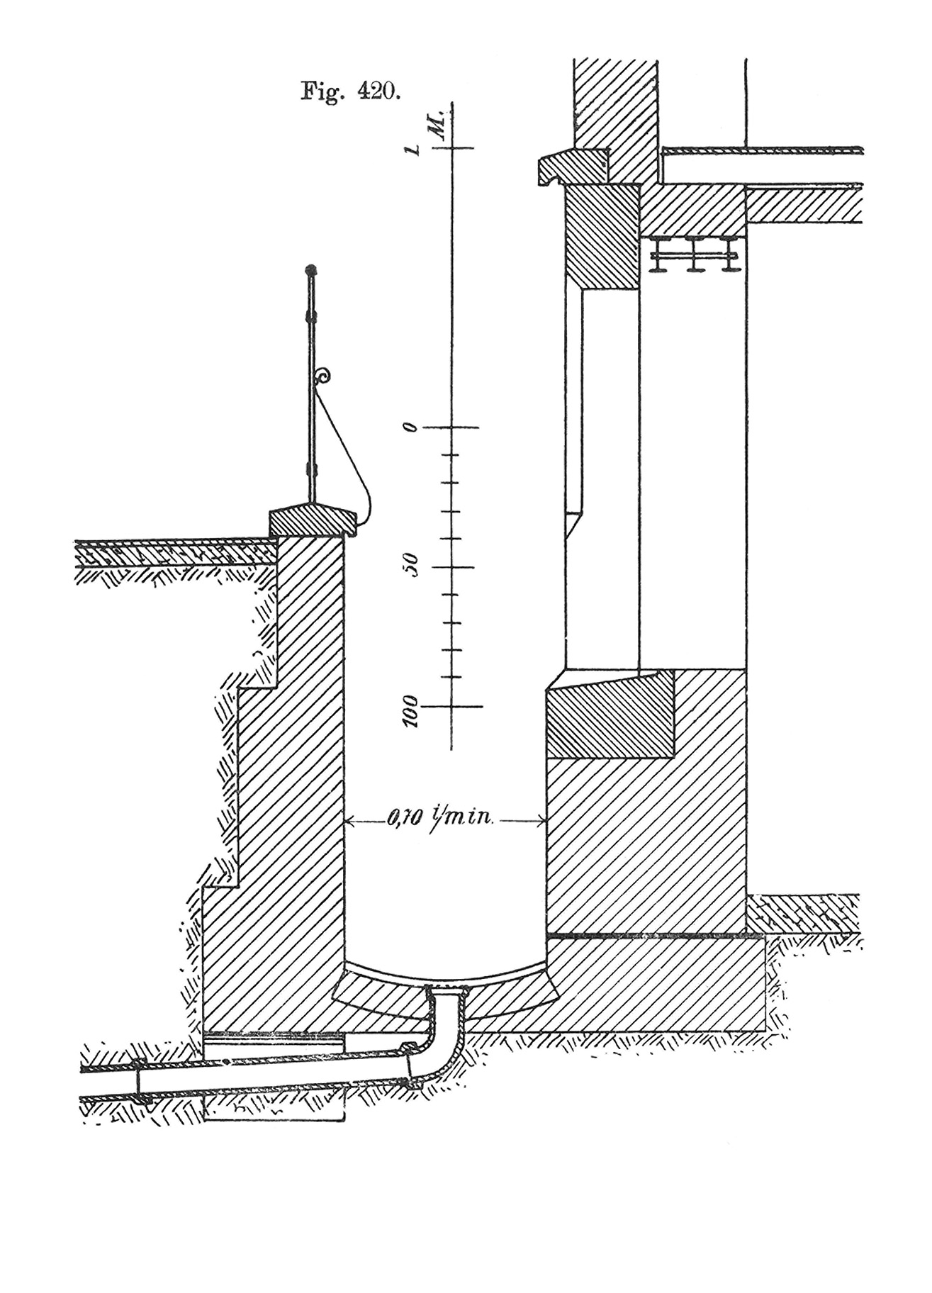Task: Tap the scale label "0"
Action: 408,427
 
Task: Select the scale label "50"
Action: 410,566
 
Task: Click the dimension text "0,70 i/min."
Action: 439,821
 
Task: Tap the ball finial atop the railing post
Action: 310,270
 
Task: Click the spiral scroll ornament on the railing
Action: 325,376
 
